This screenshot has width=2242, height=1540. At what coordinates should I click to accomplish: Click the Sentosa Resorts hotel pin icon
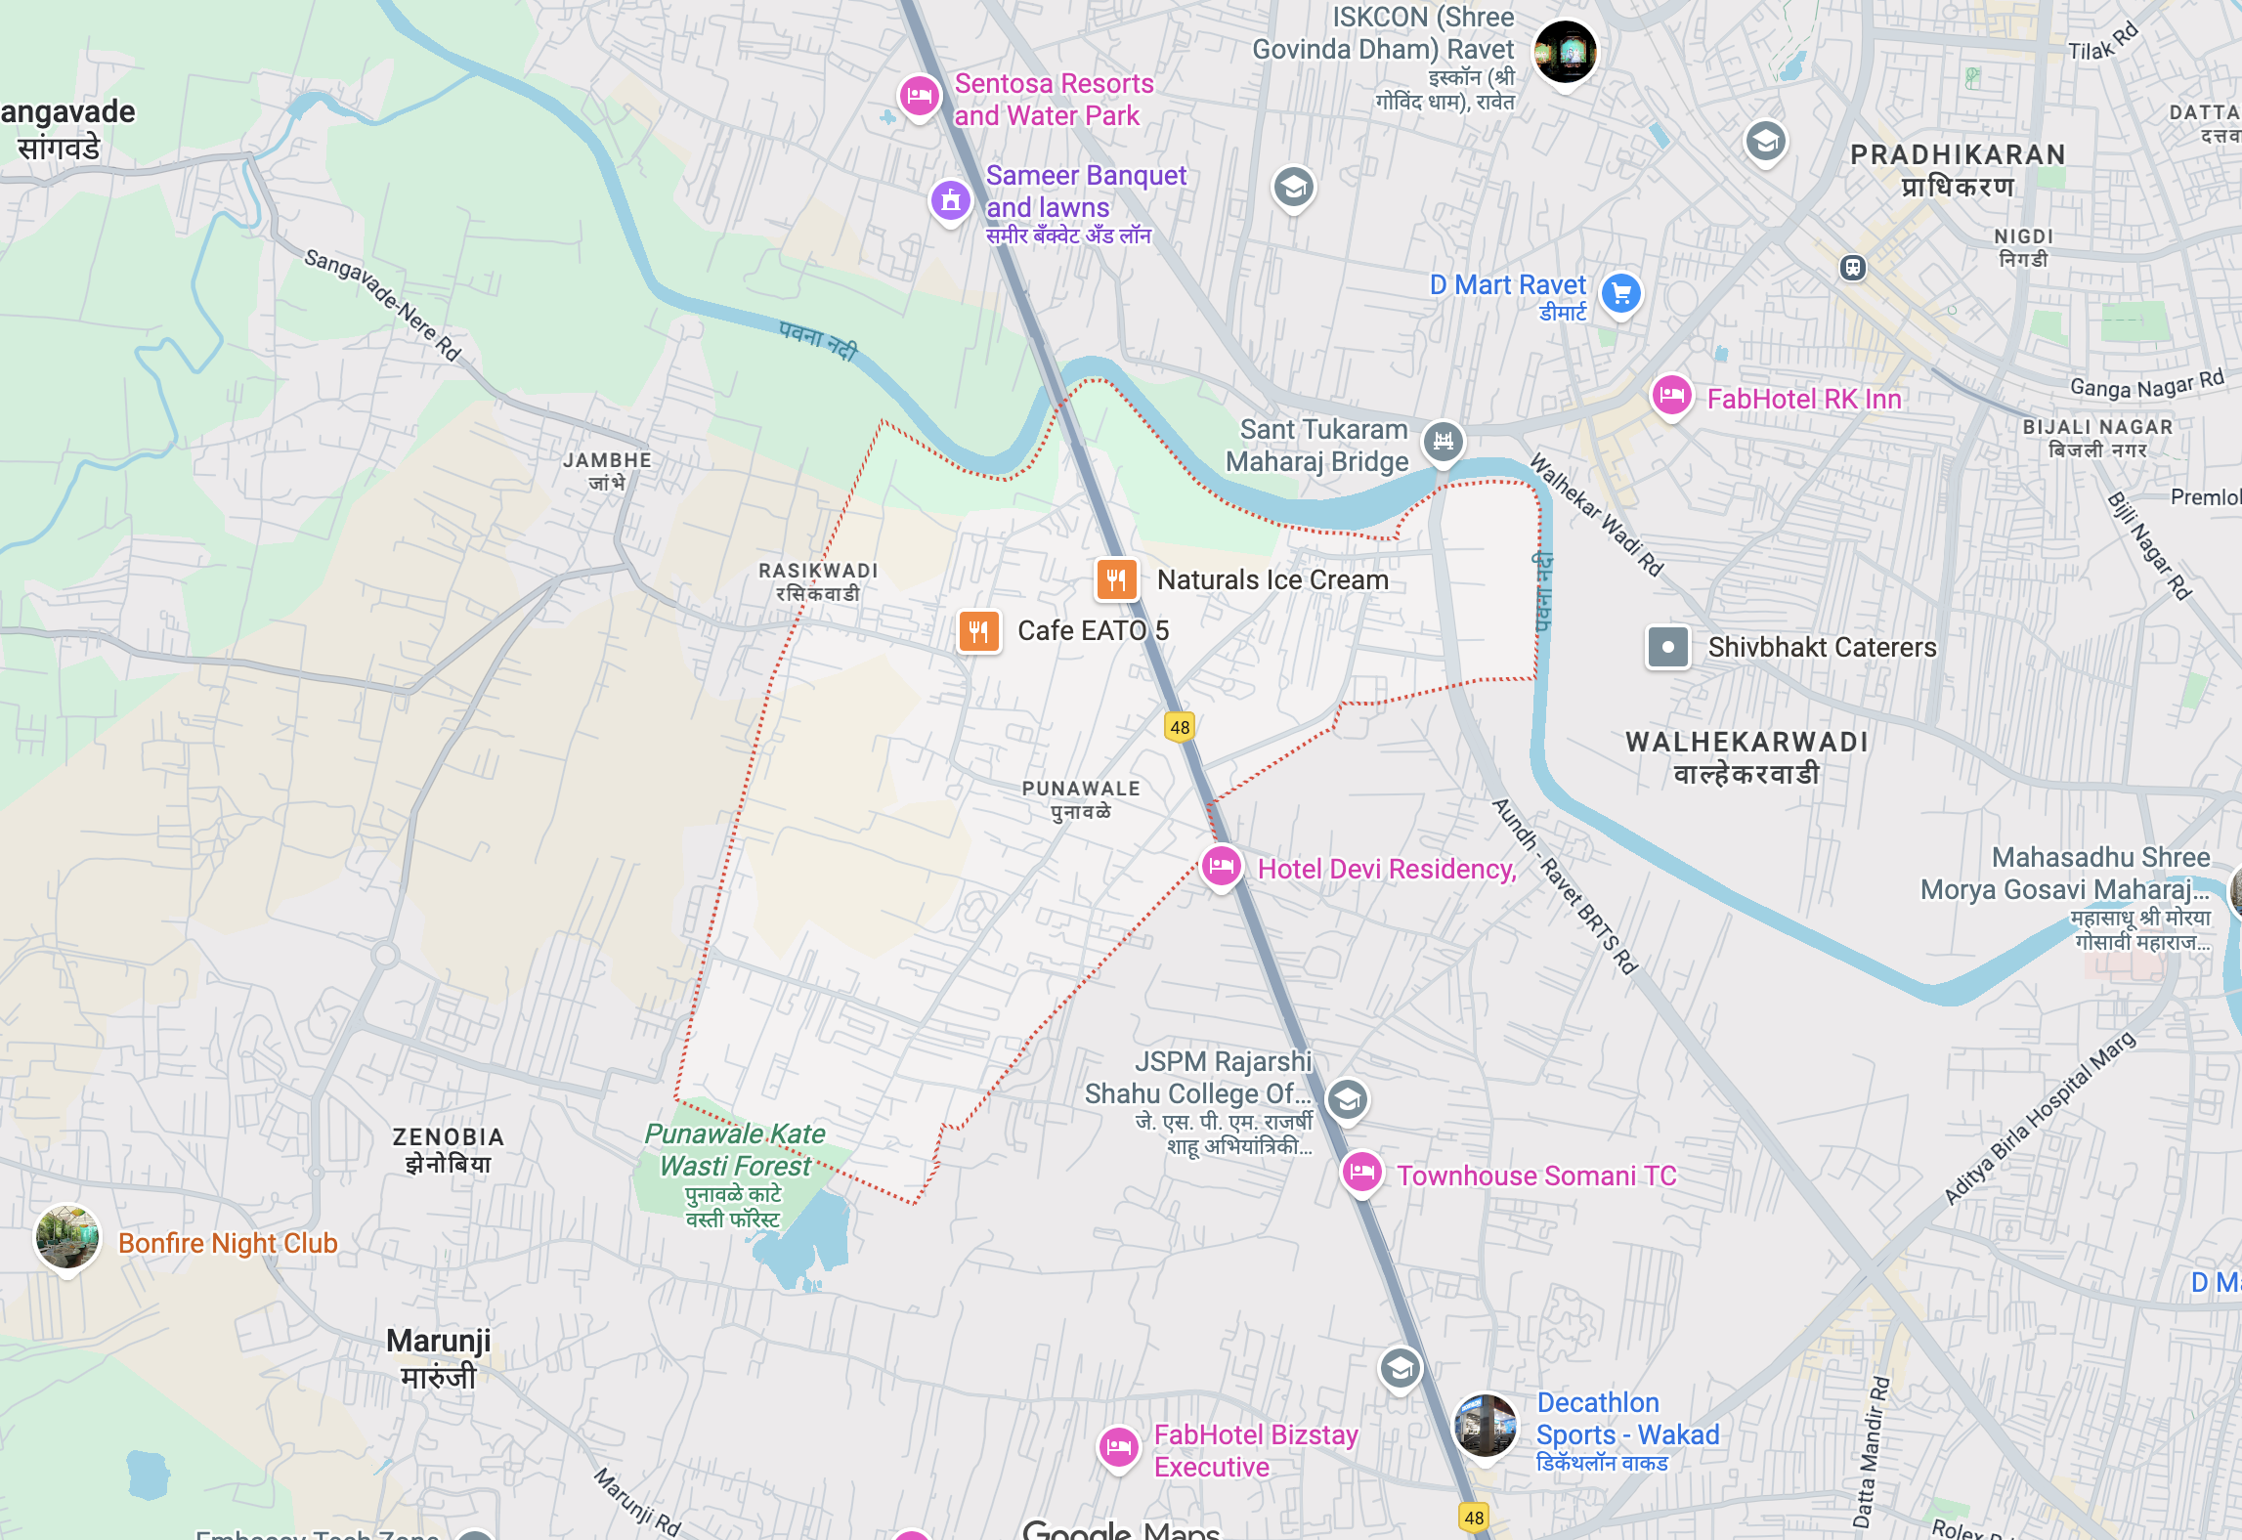pyautogui.click(x=919, y=96)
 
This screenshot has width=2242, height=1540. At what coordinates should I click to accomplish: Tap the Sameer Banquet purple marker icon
pyautogui.click(x=950, y=200)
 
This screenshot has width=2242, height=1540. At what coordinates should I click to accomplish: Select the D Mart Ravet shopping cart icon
pyautogui.click(x=1621, y=292)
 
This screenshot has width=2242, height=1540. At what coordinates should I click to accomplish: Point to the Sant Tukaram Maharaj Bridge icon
pyautogui.click(x=1444, y=441)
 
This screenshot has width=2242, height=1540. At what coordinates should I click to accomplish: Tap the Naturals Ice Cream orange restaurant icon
pyautogui.click(x=1116, y=579)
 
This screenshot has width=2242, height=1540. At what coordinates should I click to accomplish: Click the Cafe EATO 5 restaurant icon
pyautogui.click(x=978, y=631)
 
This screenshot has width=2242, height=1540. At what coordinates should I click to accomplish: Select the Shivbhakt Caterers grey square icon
pyautogui.click(x=1667, y=647)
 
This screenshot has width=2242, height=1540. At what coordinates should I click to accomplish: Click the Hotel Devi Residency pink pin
pyautogui.click(x=1221, y=866)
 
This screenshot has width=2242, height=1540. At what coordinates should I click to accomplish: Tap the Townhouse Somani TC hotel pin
pyautogui.click(x=1361, y=1172)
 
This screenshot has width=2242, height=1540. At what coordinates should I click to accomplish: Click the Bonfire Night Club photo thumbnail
pyautogui.click(x=66, y=1236)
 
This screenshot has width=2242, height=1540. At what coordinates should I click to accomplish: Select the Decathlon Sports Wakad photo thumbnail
pyautogui.click(x=1485, y=1425)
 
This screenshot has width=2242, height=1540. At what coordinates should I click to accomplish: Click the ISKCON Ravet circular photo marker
pyautogui.click(x=1565, y=51)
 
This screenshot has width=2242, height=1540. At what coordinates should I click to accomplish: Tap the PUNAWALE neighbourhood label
pyautogui.click(x=1081, y=799)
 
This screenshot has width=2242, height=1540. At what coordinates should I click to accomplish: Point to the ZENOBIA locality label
pyautogui.click(x=449, y=1149)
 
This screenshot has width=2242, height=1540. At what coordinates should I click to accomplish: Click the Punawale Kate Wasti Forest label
pyautogui.click(x=734, y=1150)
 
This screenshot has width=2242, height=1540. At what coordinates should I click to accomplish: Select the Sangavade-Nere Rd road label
pyautogui.click(x=382, y=304)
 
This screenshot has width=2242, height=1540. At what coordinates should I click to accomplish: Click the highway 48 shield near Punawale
pyautogui.click(x=1180, y=727)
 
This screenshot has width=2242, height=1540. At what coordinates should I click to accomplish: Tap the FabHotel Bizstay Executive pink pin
pyautogui.click(x=1118, y=1447)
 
